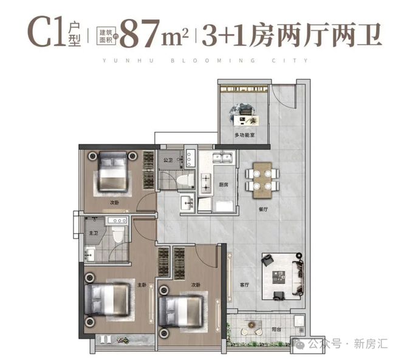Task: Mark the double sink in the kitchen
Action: tap(223, 159)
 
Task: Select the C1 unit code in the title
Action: tap(43, 34)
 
